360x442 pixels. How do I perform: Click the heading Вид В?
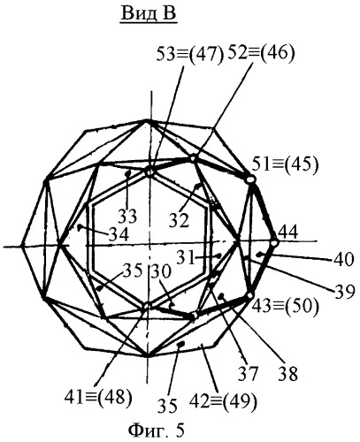click(149, 13)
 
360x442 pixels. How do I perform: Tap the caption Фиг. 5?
click(157, 431)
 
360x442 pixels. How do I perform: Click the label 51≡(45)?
click(285, 164)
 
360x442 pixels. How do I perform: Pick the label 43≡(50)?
click(285, 307)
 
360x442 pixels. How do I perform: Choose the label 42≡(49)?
click(223, 401)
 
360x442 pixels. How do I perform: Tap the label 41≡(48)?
click(98, 396)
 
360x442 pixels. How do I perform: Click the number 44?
click(288, 232)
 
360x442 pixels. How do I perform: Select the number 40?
click(343, 260)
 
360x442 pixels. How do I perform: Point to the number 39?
click(343, 293)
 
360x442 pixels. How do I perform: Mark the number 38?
click(287, 374)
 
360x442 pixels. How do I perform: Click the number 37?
click(249, 374)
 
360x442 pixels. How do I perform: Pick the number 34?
click(119, 235)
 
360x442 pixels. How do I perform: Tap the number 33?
click(127, 217)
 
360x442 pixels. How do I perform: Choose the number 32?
click(179, 221)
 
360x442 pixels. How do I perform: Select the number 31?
click(186, 258)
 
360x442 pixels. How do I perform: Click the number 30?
click(161, 271)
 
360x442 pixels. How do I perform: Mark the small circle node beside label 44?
click(274, 243)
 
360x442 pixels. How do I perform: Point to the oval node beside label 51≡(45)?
click(250, 179)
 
